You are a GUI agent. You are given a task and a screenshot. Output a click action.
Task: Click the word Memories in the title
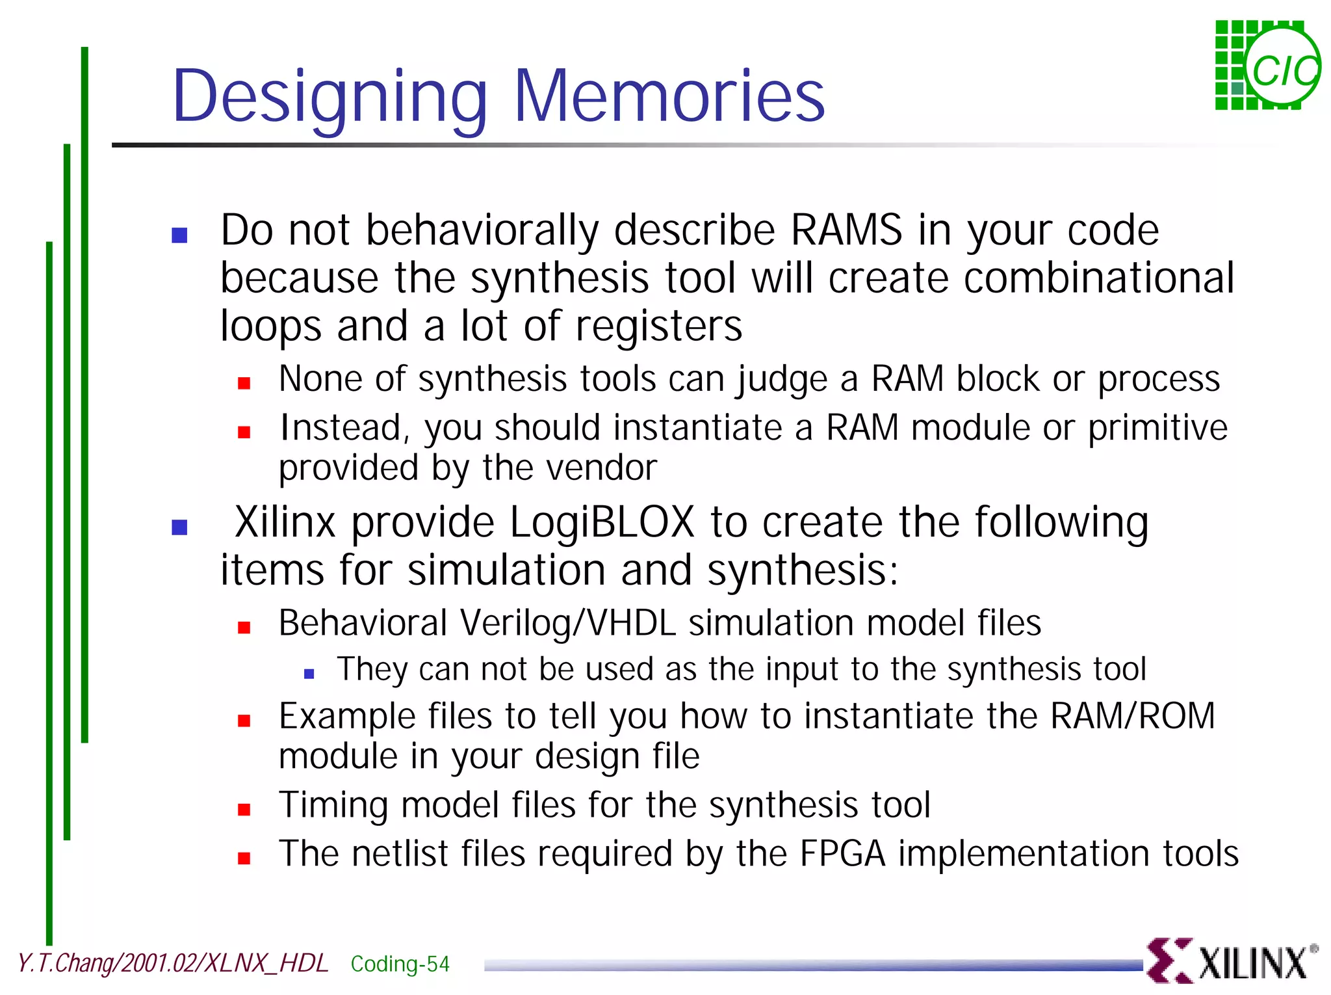pyautogui.click(x=669, y=96)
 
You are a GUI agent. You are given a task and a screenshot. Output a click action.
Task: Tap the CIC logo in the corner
pyautogui.click(x=1267, y=65)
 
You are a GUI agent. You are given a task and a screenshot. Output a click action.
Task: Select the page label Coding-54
pyautogui.click(x=400, y=964)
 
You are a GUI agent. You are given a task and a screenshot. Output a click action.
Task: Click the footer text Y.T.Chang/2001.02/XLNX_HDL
pyautogui.click(x=173, y=963)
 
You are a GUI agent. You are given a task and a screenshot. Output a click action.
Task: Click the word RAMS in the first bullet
pyautogui.click(x=846, y=230)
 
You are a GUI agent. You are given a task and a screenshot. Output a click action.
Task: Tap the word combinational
pyautogui.click(x=1098, y=278)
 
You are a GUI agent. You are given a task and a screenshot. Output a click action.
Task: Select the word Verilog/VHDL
pyautogui.click(x=568, y=623)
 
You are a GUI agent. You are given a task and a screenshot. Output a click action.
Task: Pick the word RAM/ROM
pyautogui.click(x=1132, y=716)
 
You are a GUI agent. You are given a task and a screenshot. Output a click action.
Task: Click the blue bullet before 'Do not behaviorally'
pyautogui.click(x=179, y=235)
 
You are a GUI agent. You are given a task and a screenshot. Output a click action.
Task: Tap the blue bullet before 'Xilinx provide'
pyautogui.click(x=179, y=527)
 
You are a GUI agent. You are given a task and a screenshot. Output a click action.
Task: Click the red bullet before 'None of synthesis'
pyautogui.click(x=244, y=383)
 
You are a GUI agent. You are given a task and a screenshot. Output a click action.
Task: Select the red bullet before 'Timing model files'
pyautogui.click(x=244, y=810)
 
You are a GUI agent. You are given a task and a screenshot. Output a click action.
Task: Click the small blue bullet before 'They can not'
pyautogui.click(x=309, y=674)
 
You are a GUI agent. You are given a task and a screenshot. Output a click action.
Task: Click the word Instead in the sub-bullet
pyautogui.click(x=342, y=428)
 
